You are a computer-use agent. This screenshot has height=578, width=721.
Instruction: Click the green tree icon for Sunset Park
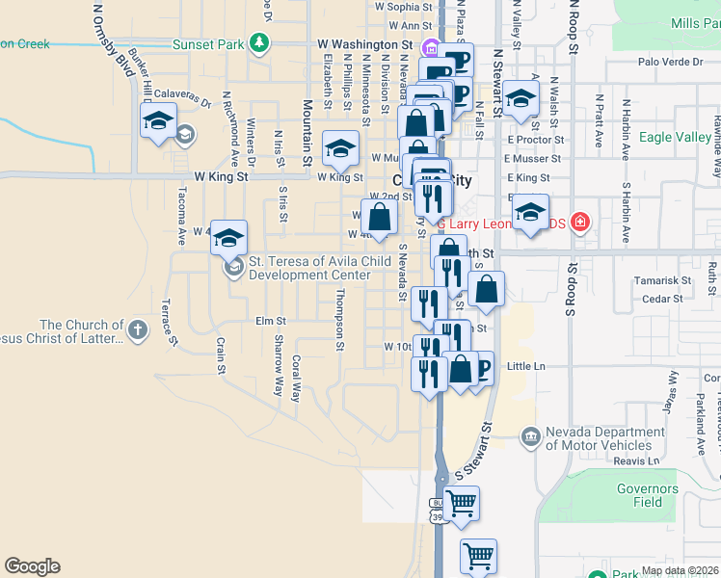pyautogui.click(x=258, y=43)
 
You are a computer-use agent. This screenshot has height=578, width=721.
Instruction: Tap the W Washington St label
pyautogui.click(x=366, y=45)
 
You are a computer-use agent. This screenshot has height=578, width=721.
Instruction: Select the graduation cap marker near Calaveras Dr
pyautogui.click(x=158, y=122)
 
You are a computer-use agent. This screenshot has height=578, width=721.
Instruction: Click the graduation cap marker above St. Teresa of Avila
pyautogui.click(x=229, y=238)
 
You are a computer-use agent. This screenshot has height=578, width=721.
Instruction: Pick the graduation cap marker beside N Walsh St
pyautogui.click(x=521, y=98)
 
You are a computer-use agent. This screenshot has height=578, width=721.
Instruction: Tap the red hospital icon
pyautogui.click(x=579, y=223)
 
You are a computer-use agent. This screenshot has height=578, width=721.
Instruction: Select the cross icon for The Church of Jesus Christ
pyautogui.click(x=138, y=331)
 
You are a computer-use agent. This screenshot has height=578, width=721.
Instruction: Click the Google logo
pyautogui.click(x=32, y=566)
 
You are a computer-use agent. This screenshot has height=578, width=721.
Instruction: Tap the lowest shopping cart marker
pyautogui.click(x=478, y=556)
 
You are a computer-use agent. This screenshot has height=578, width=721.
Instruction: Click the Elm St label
pyautogui.click(x=271, y=321)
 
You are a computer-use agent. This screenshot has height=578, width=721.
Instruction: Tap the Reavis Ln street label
pyautogui.click(x=633, y=460)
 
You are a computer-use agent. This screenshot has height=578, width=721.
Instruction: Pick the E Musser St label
pyautogui.click(x=534, y=158)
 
